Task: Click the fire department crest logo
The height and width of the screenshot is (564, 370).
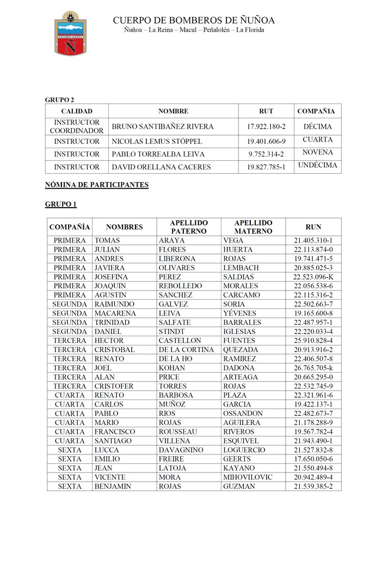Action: click(70, 34)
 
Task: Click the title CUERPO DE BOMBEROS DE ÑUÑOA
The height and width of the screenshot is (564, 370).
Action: click(194, 20)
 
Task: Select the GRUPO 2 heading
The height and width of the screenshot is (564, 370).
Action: click(59, 100)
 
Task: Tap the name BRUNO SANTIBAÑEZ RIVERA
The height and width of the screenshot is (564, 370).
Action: click(163, 126)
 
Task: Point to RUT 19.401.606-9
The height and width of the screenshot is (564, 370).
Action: click(266, 141)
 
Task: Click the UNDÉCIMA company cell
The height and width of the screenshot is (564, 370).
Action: click(318, 165)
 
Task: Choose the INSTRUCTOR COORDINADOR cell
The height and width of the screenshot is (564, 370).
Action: click(77, 126)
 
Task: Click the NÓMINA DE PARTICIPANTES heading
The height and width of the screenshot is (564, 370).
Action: click(96, 185)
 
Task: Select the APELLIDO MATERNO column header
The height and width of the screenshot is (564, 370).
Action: click(253, 227)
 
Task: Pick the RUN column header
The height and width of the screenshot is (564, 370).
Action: click(313, 227)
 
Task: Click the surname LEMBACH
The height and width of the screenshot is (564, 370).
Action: click(241, 268)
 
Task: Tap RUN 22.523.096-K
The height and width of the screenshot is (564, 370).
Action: click(313, 277)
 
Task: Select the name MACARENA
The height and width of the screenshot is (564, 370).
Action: click(113, 313)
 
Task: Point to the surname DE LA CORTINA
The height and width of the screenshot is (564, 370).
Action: click(186, 350)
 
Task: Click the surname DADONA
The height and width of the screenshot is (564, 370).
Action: click(239, 368)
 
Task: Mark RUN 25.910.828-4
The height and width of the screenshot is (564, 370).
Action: click(313, 341)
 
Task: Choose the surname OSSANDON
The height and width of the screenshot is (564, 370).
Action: click(243, 414)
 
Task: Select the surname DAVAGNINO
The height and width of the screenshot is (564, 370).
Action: click(181, 450)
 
